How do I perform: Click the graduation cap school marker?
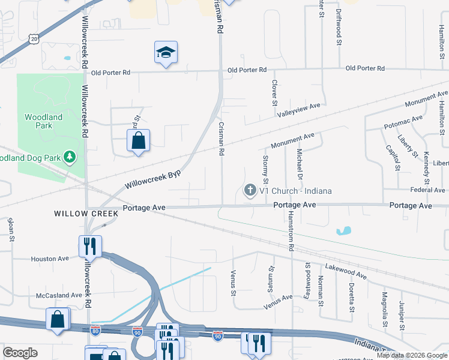[166, 52]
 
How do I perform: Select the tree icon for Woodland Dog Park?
[71, 157]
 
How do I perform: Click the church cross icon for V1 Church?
[250, 191]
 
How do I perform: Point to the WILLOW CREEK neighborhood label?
[84, 213]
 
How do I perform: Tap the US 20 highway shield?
[34, 38]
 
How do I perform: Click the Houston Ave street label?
[50, 259]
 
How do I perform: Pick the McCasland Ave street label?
[58, 295]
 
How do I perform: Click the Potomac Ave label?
[405, 123]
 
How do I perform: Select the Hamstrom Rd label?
[290, 231]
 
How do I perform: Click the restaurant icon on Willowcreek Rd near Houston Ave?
[90, 245]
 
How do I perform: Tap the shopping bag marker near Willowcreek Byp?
[138, 141]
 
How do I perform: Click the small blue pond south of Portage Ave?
[344, 230]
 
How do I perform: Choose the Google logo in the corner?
[20, 352]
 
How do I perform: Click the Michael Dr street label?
[298, 163]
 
